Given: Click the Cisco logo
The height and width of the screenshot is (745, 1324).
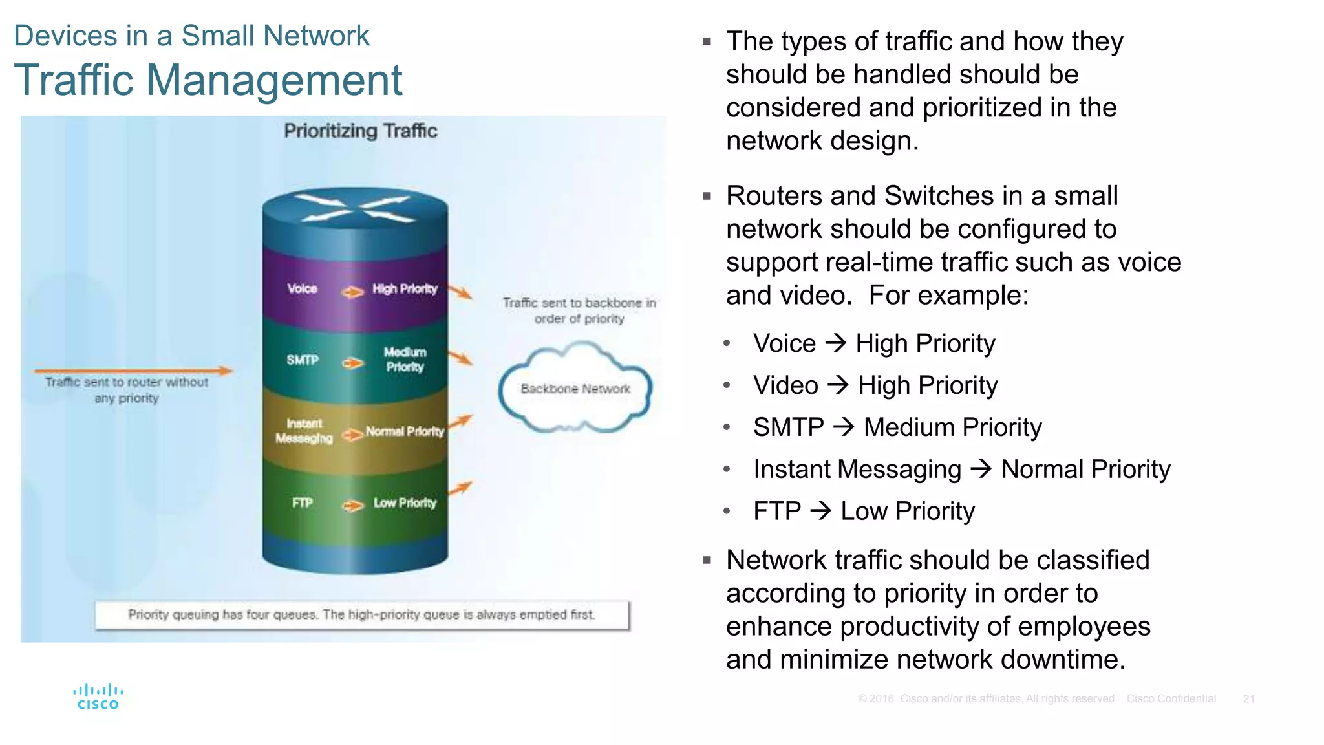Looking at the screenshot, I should click(x=98, y=696).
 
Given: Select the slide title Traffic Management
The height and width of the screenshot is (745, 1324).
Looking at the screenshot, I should click(x=208, y=80).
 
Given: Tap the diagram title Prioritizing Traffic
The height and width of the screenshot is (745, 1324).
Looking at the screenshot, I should click(x=360, y=131).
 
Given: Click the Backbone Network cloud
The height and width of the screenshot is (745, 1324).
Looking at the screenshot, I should click(x=575, y=389).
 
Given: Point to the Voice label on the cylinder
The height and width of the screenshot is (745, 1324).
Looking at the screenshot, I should click(x=302, y=288).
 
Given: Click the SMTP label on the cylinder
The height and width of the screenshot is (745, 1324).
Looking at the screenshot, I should click(x=303, y=360).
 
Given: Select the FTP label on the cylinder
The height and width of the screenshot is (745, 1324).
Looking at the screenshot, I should click(x=302, y=502).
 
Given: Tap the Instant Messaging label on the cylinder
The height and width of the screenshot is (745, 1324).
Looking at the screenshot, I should click(x=304, y=431).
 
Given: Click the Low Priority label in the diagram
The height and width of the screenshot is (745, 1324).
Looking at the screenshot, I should click(x=405, y=502).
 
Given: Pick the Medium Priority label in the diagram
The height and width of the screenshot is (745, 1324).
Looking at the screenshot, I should click(x=405, y=360).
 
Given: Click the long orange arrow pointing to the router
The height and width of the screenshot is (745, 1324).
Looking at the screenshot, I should click(x=133, y=371).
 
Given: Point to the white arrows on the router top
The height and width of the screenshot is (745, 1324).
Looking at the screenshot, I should click(x=355, y=208).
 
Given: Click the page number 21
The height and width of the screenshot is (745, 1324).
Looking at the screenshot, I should click(x=1248, y=699).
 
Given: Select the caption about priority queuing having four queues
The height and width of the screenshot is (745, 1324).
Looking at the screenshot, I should click(x=361, y=614).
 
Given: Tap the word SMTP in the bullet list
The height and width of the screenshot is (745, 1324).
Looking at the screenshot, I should click(x=788, y=427).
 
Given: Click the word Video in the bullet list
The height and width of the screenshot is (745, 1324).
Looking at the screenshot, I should click(x=785, y=385).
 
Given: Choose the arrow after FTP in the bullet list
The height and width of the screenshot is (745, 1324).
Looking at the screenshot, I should click(x=820, y=511).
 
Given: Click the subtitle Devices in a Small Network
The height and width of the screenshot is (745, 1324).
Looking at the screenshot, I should click(x=191, y=36).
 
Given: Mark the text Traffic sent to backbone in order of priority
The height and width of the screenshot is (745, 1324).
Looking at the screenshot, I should click(x=579, y=310).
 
